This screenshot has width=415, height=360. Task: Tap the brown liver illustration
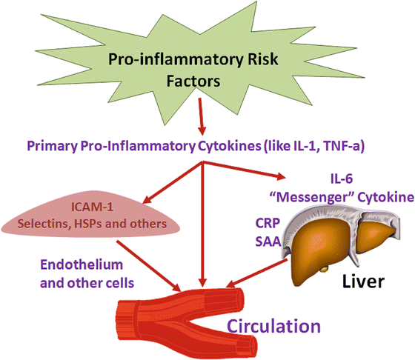pos(331,244)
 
